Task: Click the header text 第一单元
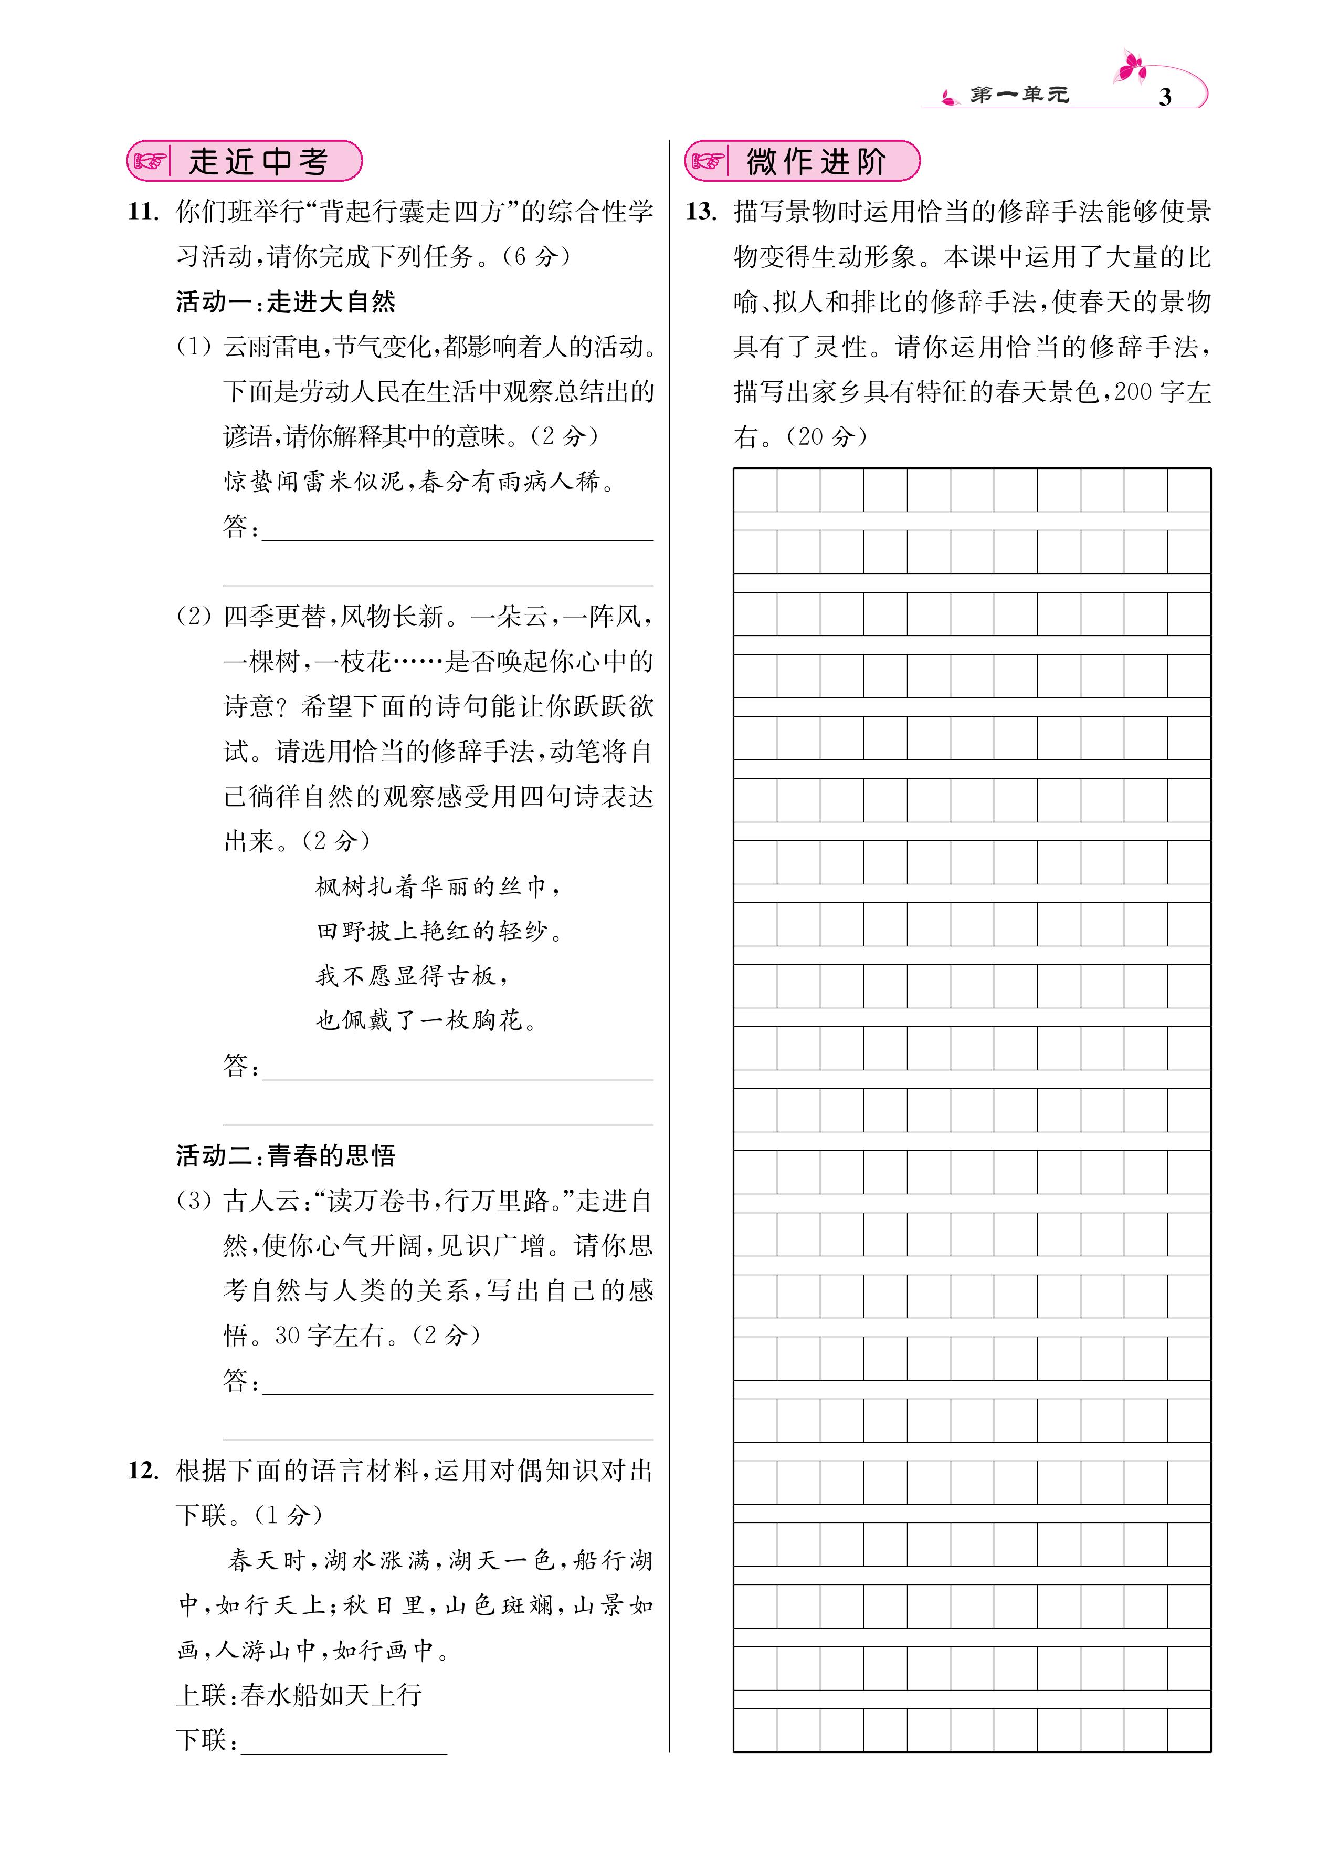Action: [x=1019, y=96]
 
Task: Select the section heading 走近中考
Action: [x=258, y=161]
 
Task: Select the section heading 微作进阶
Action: [x=816, y=161]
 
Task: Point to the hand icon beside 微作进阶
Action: [x=708, y=161]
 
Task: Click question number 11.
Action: [x=143, y=212]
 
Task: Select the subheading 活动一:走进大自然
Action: [x=286, y=302]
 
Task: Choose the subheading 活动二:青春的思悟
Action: [x=286, y=1156]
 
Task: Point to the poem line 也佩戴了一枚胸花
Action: [x=426, y=1021]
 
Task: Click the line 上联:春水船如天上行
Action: [x=299, y=1694]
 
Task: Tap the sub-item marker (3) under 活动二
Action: [x=194, y=1201]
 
